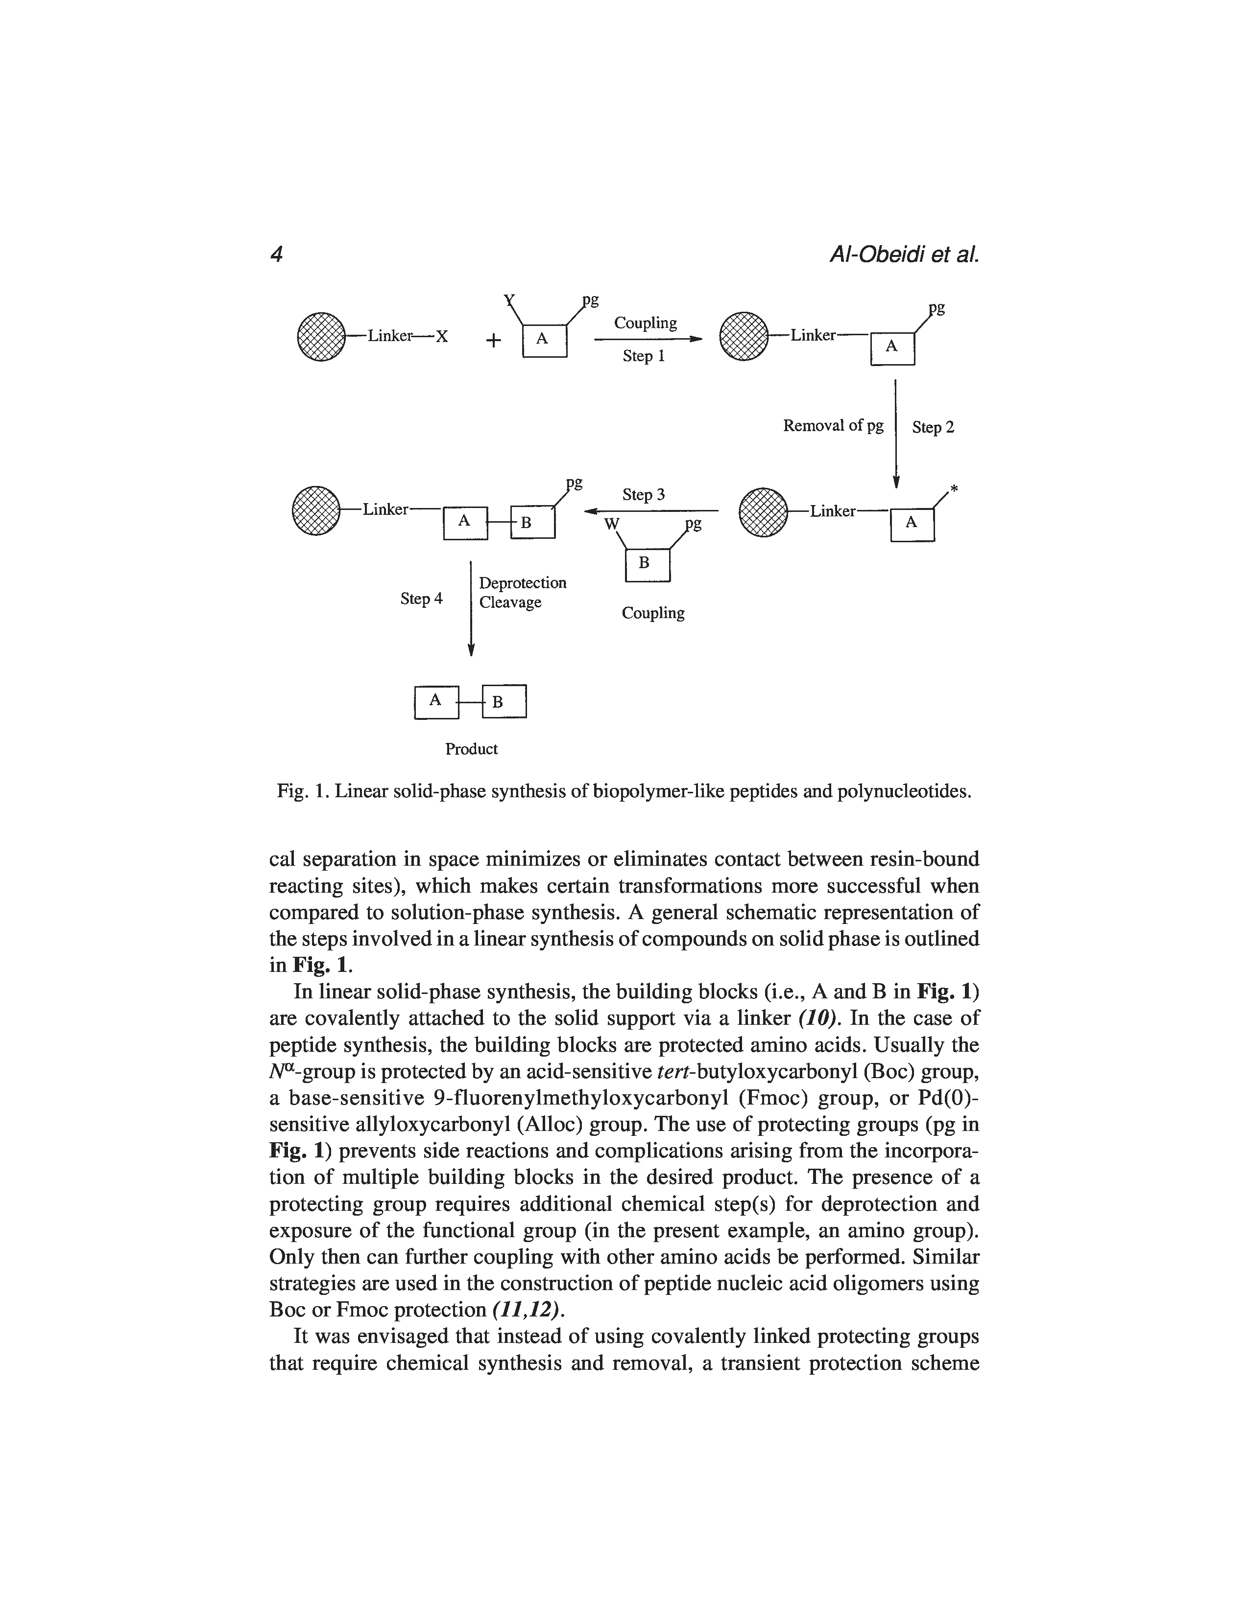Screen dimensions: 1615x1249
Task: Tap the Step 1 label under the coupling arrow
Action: [643, 356]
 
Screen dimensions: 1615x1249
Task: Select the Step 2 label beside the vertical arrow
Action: [933, 427]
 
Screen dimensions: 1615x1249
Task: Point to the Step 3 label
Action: [643, 494]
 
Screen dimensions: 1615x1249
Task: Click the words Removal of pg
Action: [833, 426]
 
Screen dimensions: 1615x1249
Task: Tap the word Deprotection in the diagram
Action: [523, 583]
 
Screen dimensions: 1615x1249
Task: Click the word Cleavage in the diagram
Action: [510, 602]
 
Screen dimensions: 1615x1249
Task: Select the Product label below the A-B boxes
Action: [471, 749]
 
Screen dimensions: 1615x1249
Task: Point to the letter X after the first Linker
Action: [442, 337]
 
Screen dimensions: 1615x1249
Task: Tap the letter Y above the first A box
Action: [509, 300]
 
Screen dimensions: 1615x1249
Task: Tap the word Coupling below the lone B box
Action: [652, 613]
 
